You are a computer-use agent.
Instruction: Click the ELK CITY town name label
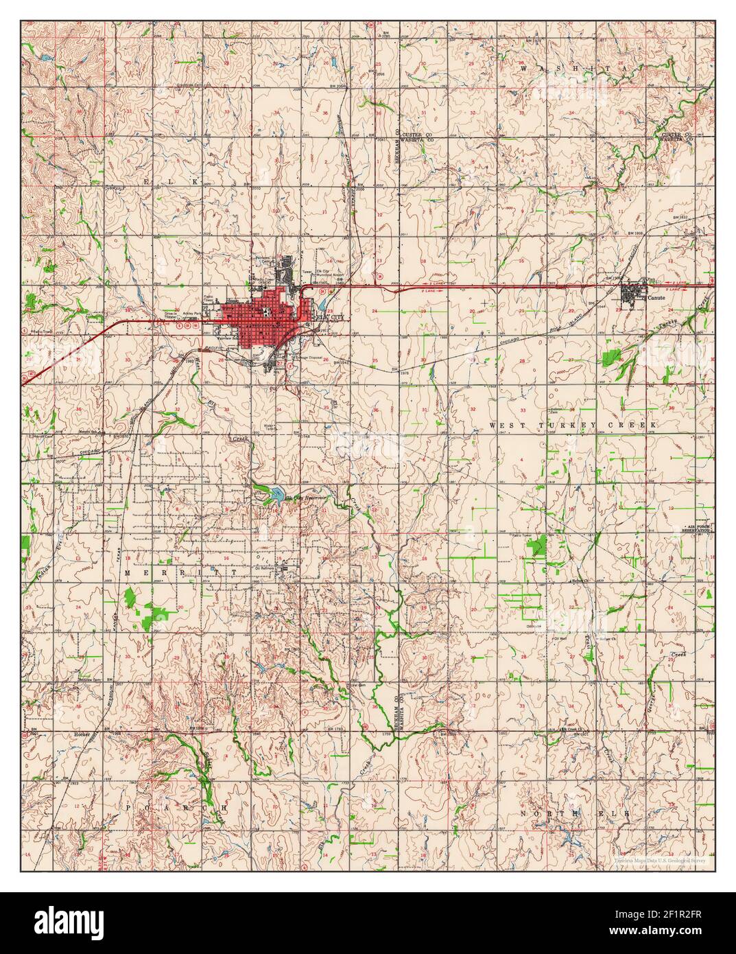coord(329,318)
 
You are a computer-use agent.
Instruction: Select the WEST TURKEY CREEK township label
coord(573,426)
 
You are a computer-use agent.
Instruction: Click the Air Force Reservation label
coord(698,528)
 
